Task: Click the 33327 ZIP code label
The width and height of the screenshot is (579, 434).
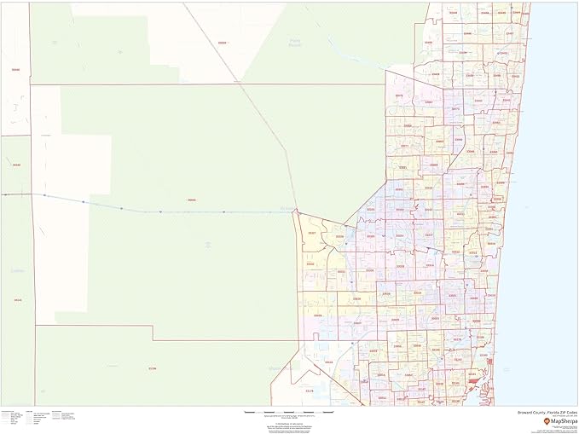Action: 312,233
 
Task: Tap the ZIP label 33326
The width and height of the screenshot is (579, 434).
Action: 340,236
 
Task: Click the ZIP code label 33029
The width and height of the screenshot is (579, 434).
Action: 318,315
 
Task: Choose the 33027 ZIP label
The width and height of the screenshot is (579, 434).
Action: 358,323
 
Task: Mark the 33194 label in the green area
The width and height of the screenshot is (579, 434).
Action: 153,368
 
